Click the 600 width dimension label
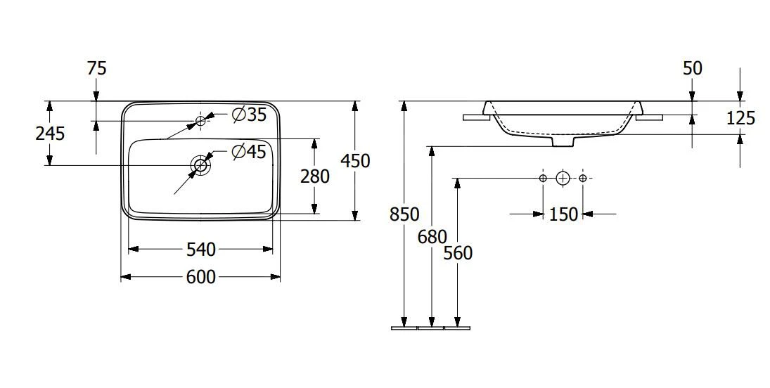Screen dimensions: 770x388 click(x=201, y=278)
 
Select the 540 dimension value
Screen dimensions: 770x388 click(x=201, y=250)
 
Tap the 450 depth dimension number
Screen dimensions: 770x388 click(x=355, y=160)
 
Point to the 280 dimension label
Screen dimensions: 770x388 click(x=315, y=176)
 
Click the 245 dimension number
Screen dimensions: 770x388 click(x=50, y=133)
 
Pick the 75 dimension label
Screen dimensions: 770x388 click(x=96, y=68)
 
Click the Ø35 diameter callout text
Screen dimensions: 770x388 click(x=249, y=115)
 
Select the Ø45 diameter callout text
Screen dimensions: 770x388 click(x=249, y=152)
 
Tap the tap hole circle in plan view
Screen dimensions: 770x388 click(x=200, y=119)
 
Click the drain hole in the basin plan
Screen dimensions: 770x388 click(x=200, y=165)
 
